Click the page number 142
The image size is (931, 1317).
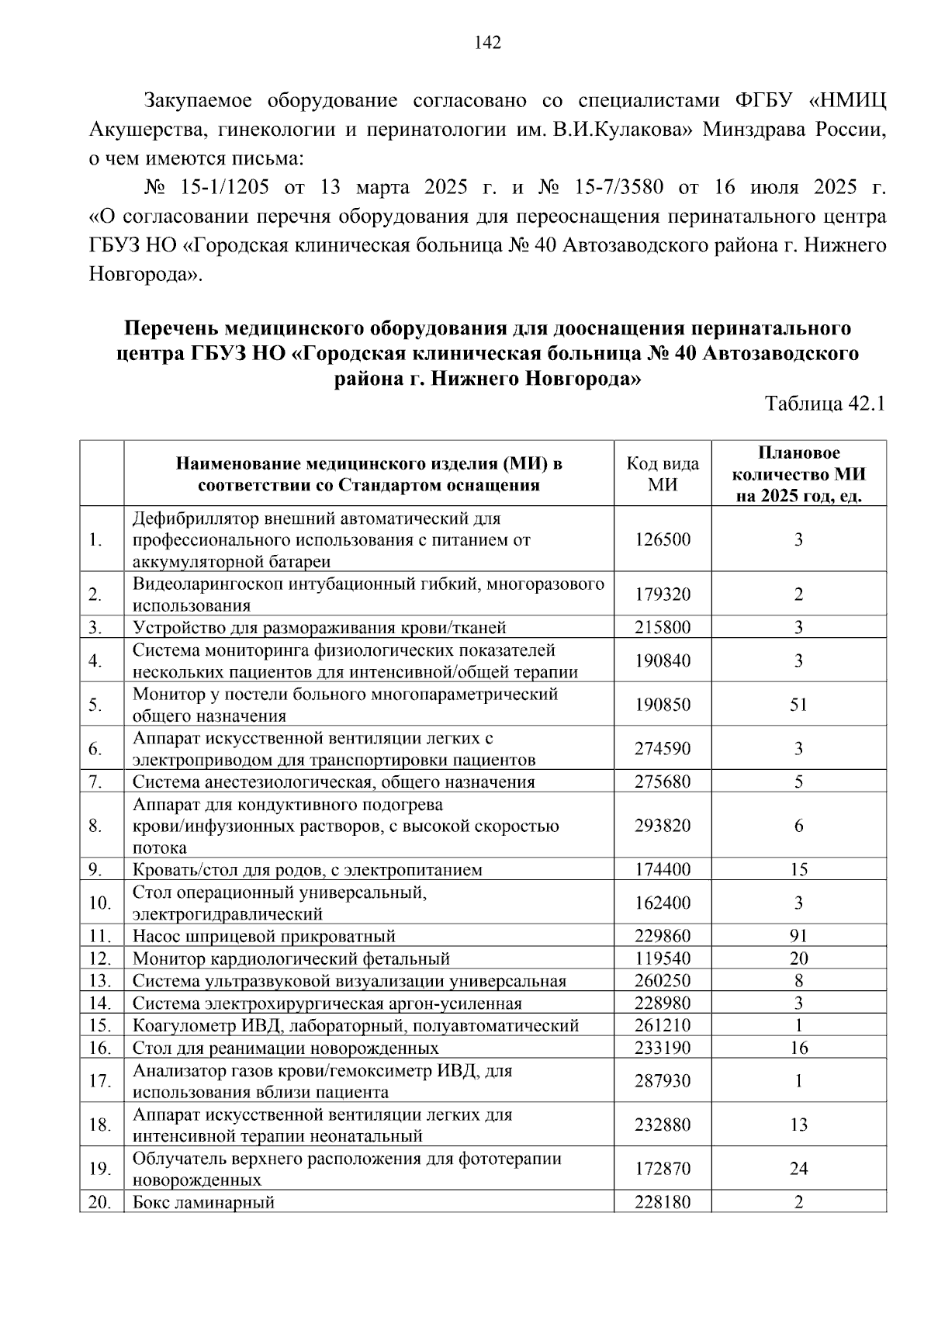[x=487, y=43]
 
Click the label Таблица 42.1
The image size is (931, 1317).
[x=825, y=404]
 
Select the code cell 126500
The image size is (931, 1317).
[x=662, y=539]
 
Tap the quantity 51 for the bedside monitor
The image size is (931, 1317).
[x=798, y=705]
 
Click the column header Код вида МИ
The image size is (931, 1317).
[x=662, y=473]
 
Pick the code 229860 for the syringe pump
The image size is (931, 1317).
[x=662, y=936]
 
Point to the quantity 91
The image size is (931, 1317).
[x=798, y=936]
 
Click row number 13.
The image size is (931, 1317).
[x=100, y=981]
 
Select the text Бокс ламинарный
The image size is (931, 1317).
[x=203, y=1203]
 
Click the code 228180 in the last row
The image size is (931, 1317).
[x=662, y=1203]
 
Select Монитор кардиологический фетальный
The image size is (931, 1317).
[x=291, y=959]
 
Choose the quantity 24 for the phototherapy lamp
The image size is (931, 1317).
[x=798, y=1169]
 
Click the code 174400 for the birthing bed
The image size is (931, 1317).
[x=662, y=869]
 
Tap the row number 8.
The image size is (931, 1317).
[x=95, y=826]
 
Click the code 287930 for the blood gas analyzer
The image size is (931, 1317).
[x=662, y=1081]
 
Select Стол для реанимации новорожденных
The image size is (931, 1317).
[x=286, y=1048]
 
